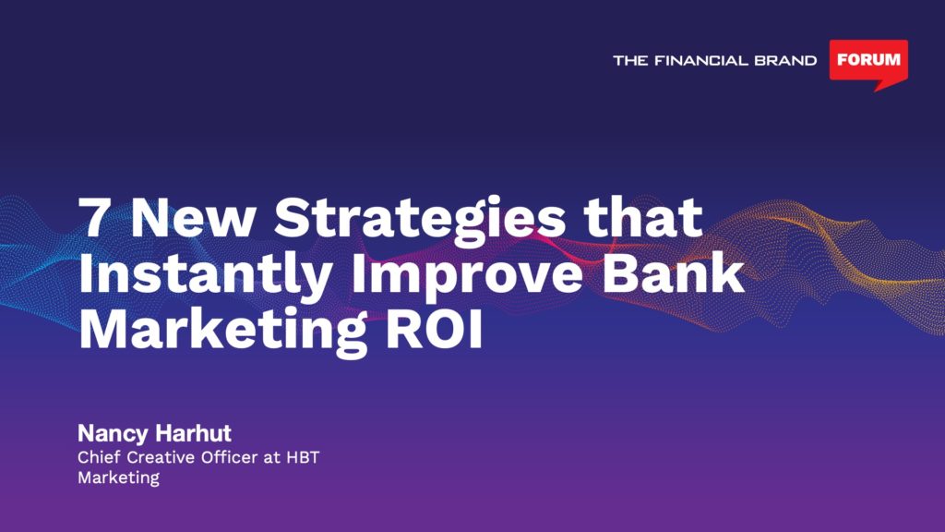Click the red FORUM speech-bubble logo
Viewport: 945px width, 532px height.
point(868,62)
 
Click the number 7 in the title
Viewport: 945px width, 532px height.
point(92,218)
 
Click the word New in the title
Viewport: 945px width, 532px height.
point(192,218)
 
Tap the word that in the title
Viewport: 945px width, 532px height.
point(642,216)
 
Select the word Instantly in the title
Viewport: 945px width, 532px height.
point(205,277)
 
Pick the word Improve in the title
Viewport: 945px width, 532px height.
point(467,277)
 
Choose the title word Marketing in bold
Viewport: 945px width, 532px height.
point(223,332)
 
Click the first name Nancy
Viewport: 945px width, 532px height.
point(113,434)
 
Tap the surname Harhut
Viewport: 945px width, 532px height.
point(193,433)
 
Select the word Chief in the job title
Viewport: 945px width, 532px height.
point(99,457)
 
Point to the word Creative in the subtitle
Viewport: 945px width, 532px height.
point(161,457)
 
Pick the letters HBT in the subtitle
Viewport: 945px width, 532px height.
point(303,457)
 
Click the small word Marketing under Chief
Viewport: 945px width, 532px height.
point(119,478)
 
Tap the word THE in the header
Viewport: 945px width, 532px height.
point(630,60)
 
